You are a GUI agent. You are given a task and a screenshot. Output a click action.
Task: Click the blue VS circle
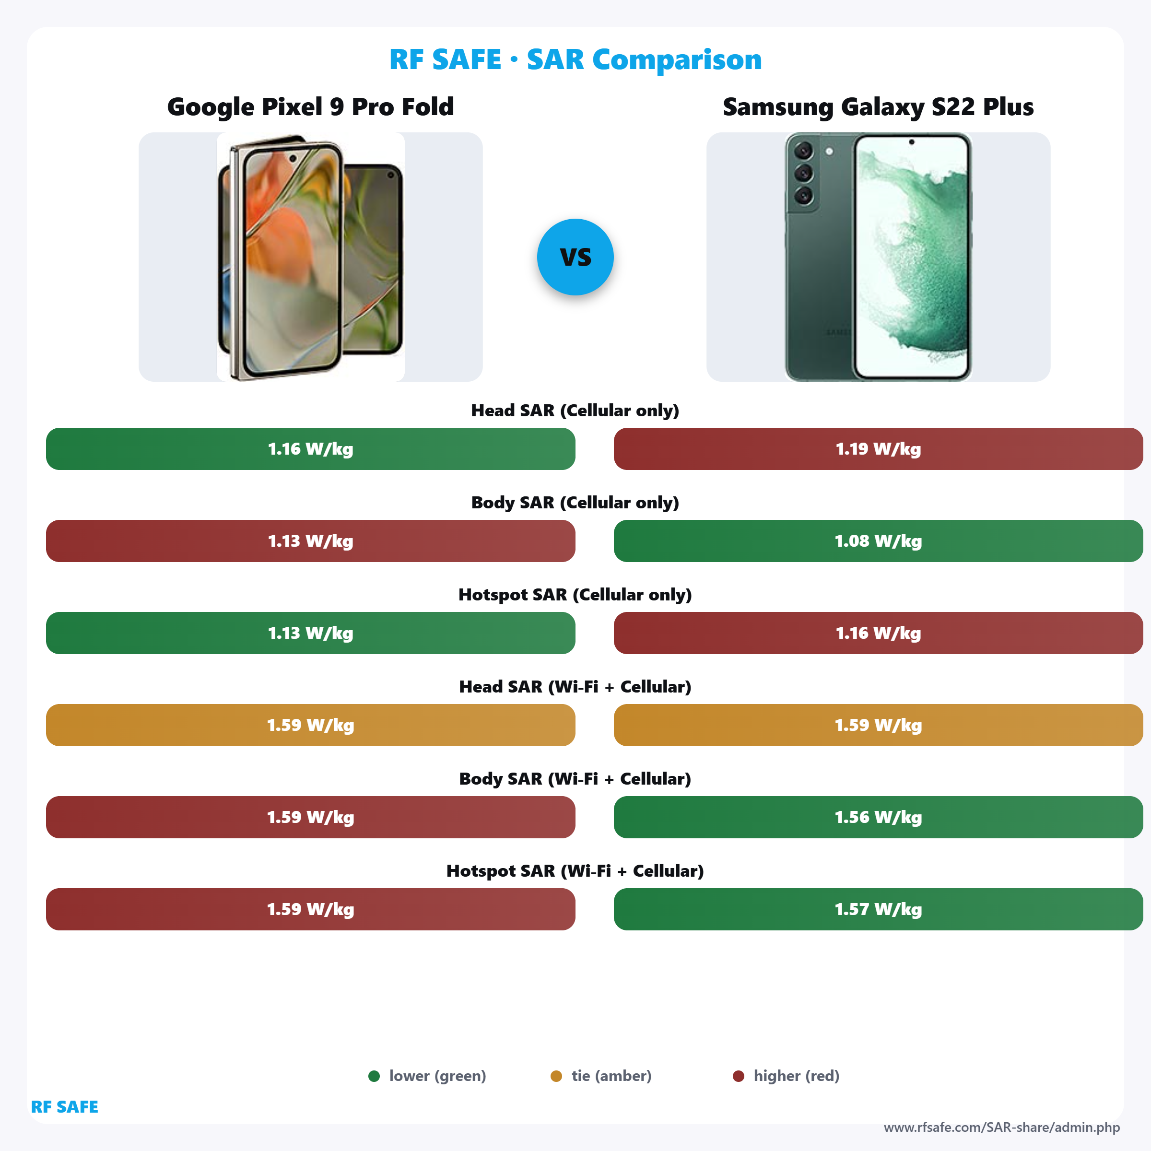coord(575,257)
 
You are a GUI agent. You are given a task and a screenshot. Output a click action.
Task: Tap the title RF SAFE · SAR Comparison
coord(575,59)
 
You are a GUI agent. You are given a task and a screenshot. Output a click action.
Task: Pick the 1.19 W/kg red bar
coord(878,448)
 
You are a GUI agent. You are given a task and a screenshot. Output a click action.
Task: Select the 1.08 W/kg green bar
coord(878,541)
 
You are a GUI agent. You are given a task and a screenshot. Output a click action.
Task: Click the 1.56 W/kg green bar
coord(878,817)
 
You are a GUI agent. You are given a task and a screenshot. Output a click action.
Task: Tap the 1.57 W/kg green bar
coord(878,909)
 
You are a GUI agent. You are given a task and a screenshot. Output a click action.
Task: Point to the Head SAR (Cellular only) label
coord(575,411)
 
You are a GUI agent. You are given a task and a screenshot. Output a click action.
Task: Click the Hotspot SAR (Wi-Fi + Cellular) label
coord(575,871)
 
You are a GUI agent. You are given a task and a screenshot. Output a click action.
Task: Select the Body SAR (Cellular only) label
coord(575,503)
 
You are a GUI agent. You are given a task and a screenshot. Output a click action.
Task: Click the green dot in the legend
coord(374,1076)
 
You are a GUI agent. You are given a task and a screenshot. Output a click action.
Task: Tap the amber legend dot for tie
coord(556,1076)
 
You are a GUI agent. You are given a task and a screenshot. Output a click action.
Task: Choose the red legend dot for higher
coord(738,1076)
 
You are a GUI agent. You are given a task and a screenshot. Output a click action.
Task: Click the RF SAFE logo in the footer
coord(64,1107)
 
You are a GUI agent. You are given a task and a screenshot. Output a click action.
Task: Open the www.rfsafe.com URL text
coord(1001,1127)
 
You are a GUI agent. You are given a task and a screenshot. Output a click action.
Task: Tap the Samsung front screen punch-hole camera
coord(912,142)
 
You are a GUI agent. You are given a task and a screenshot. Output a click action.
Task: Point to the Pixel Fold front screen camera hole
coord(293,158)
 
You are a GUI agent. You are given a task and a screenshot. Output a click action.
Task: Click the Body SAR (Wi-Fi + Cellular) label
coord(575,779)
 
